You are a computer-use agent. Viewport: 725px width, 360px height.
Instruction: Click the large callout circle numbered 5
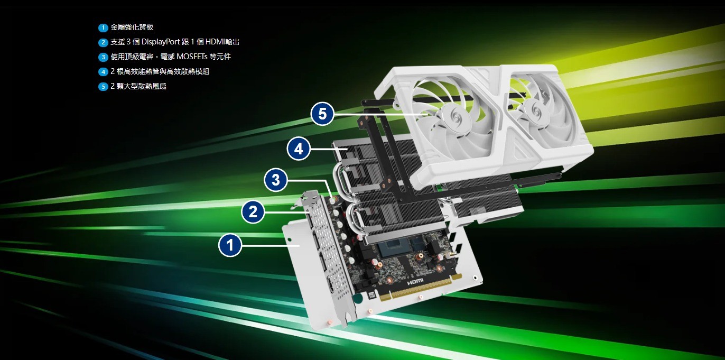tap(322, 114)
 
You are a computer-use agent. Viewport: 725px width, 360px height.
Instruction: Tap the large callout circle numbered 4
tap(299, 149)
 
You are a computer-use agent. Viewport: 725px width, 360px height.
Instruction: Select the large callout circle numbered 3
tap(275, 180)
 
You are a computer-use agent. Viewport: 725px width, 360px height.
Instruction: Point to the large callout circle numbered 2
tap(253, 212)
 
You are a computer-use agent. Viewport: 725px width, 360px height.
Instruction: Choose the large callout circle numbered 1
tap(230, 245)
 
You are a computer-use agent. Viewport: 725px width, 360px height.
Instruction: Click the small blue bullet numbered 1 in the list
tap(103, 27)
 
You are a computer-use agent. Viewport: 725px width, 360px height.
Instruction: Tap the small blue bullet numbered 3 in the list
tap(103, 57)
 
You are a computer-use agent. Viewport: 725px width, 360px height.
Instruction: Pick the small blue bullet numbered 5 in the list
tap(103, 87)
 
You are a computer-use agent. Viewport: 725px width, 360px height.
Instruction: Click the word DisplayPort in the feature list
tap(161, 42)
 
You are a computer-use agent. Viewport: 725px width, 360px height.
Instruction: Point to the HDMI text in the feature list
tap(215, 42)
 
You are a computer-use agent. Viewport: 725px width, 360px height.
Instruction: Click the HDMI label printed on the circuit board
tap(415, 282)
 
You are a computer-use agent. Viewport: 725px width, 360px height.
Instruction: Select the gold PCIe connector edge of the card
tap(421, 288)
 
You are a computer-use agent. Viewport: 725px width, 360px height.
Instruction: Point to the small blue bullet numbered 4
tap(103, 71)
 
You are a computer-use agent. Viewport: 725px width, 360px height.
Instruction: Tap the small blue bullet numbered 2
tap(103, 42)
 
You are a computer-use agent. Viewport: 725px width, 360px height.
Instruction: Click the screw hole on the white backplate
tap(290, 240)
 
